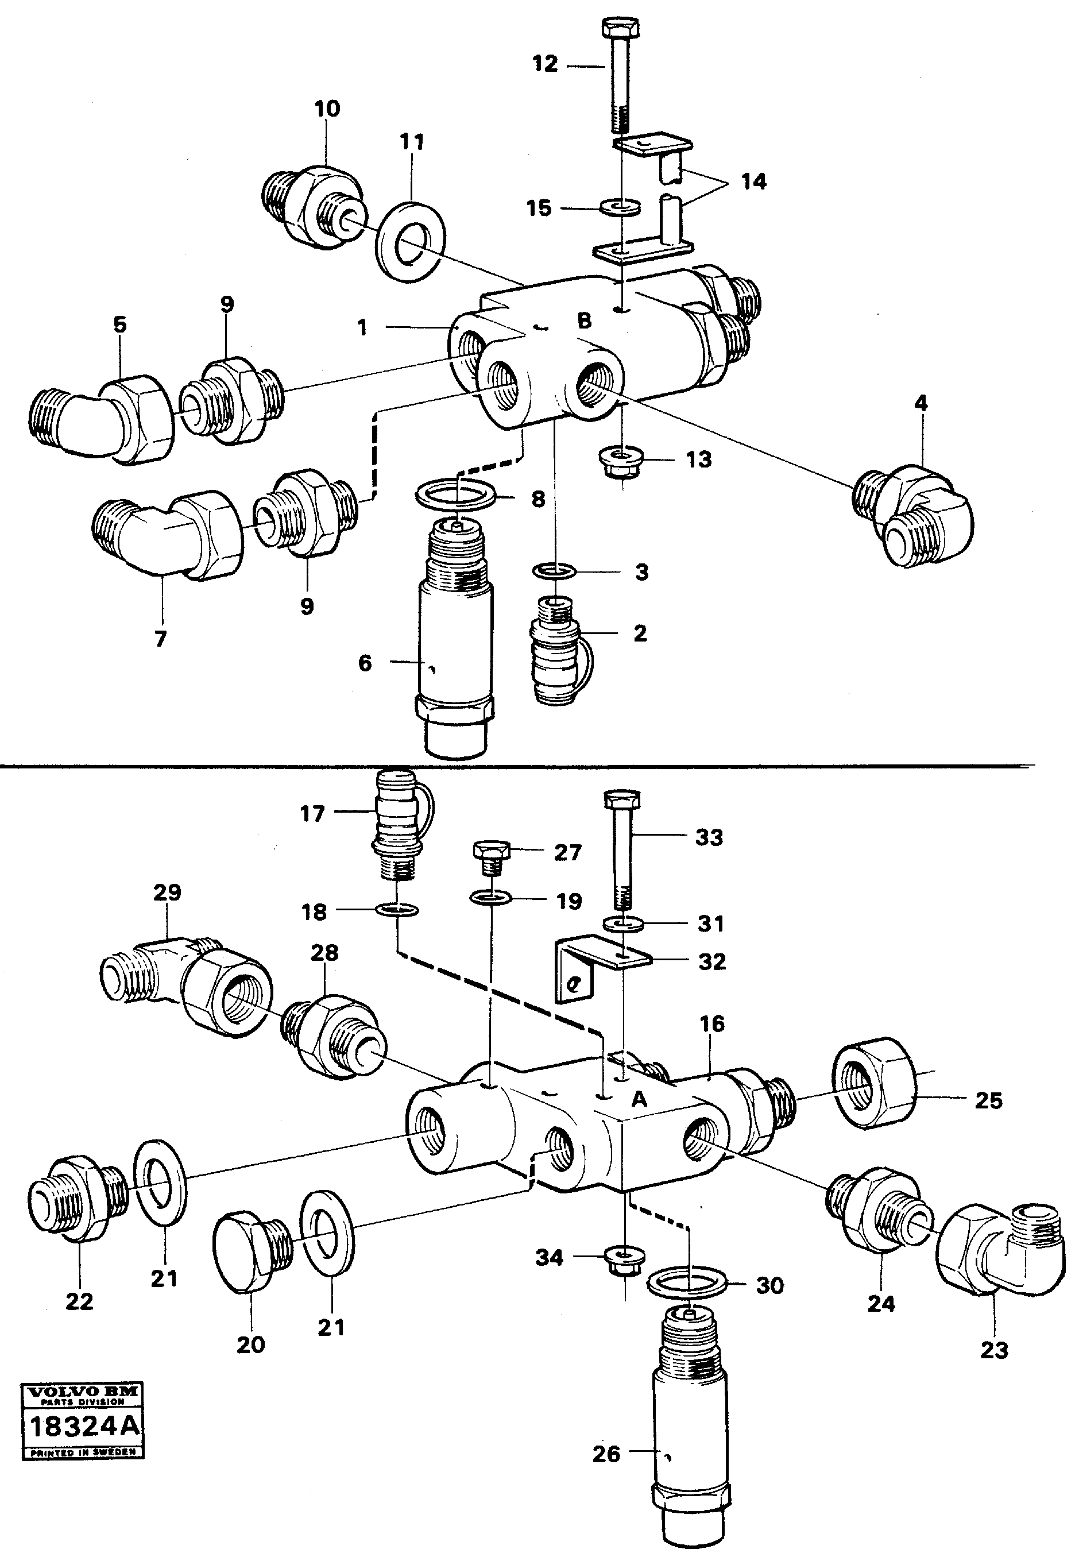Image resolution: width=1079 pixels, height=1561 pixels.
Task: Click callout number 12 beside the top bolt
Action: point(545,64)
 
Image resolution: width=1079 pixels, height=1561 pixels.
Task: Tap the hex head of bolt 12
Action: point(619,29)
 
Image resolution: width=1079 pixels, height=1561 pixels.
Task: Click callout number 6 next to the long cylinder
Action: point(365,663)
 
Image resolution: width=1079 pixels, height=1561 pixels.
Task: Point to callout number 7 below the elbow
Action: point(160,639)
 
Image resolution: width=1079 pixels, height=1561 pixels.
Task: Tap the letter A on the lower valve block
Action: point(639,1100)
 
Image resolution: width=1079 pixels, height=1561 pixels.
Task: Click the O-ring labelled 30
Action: point(687,1283)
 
